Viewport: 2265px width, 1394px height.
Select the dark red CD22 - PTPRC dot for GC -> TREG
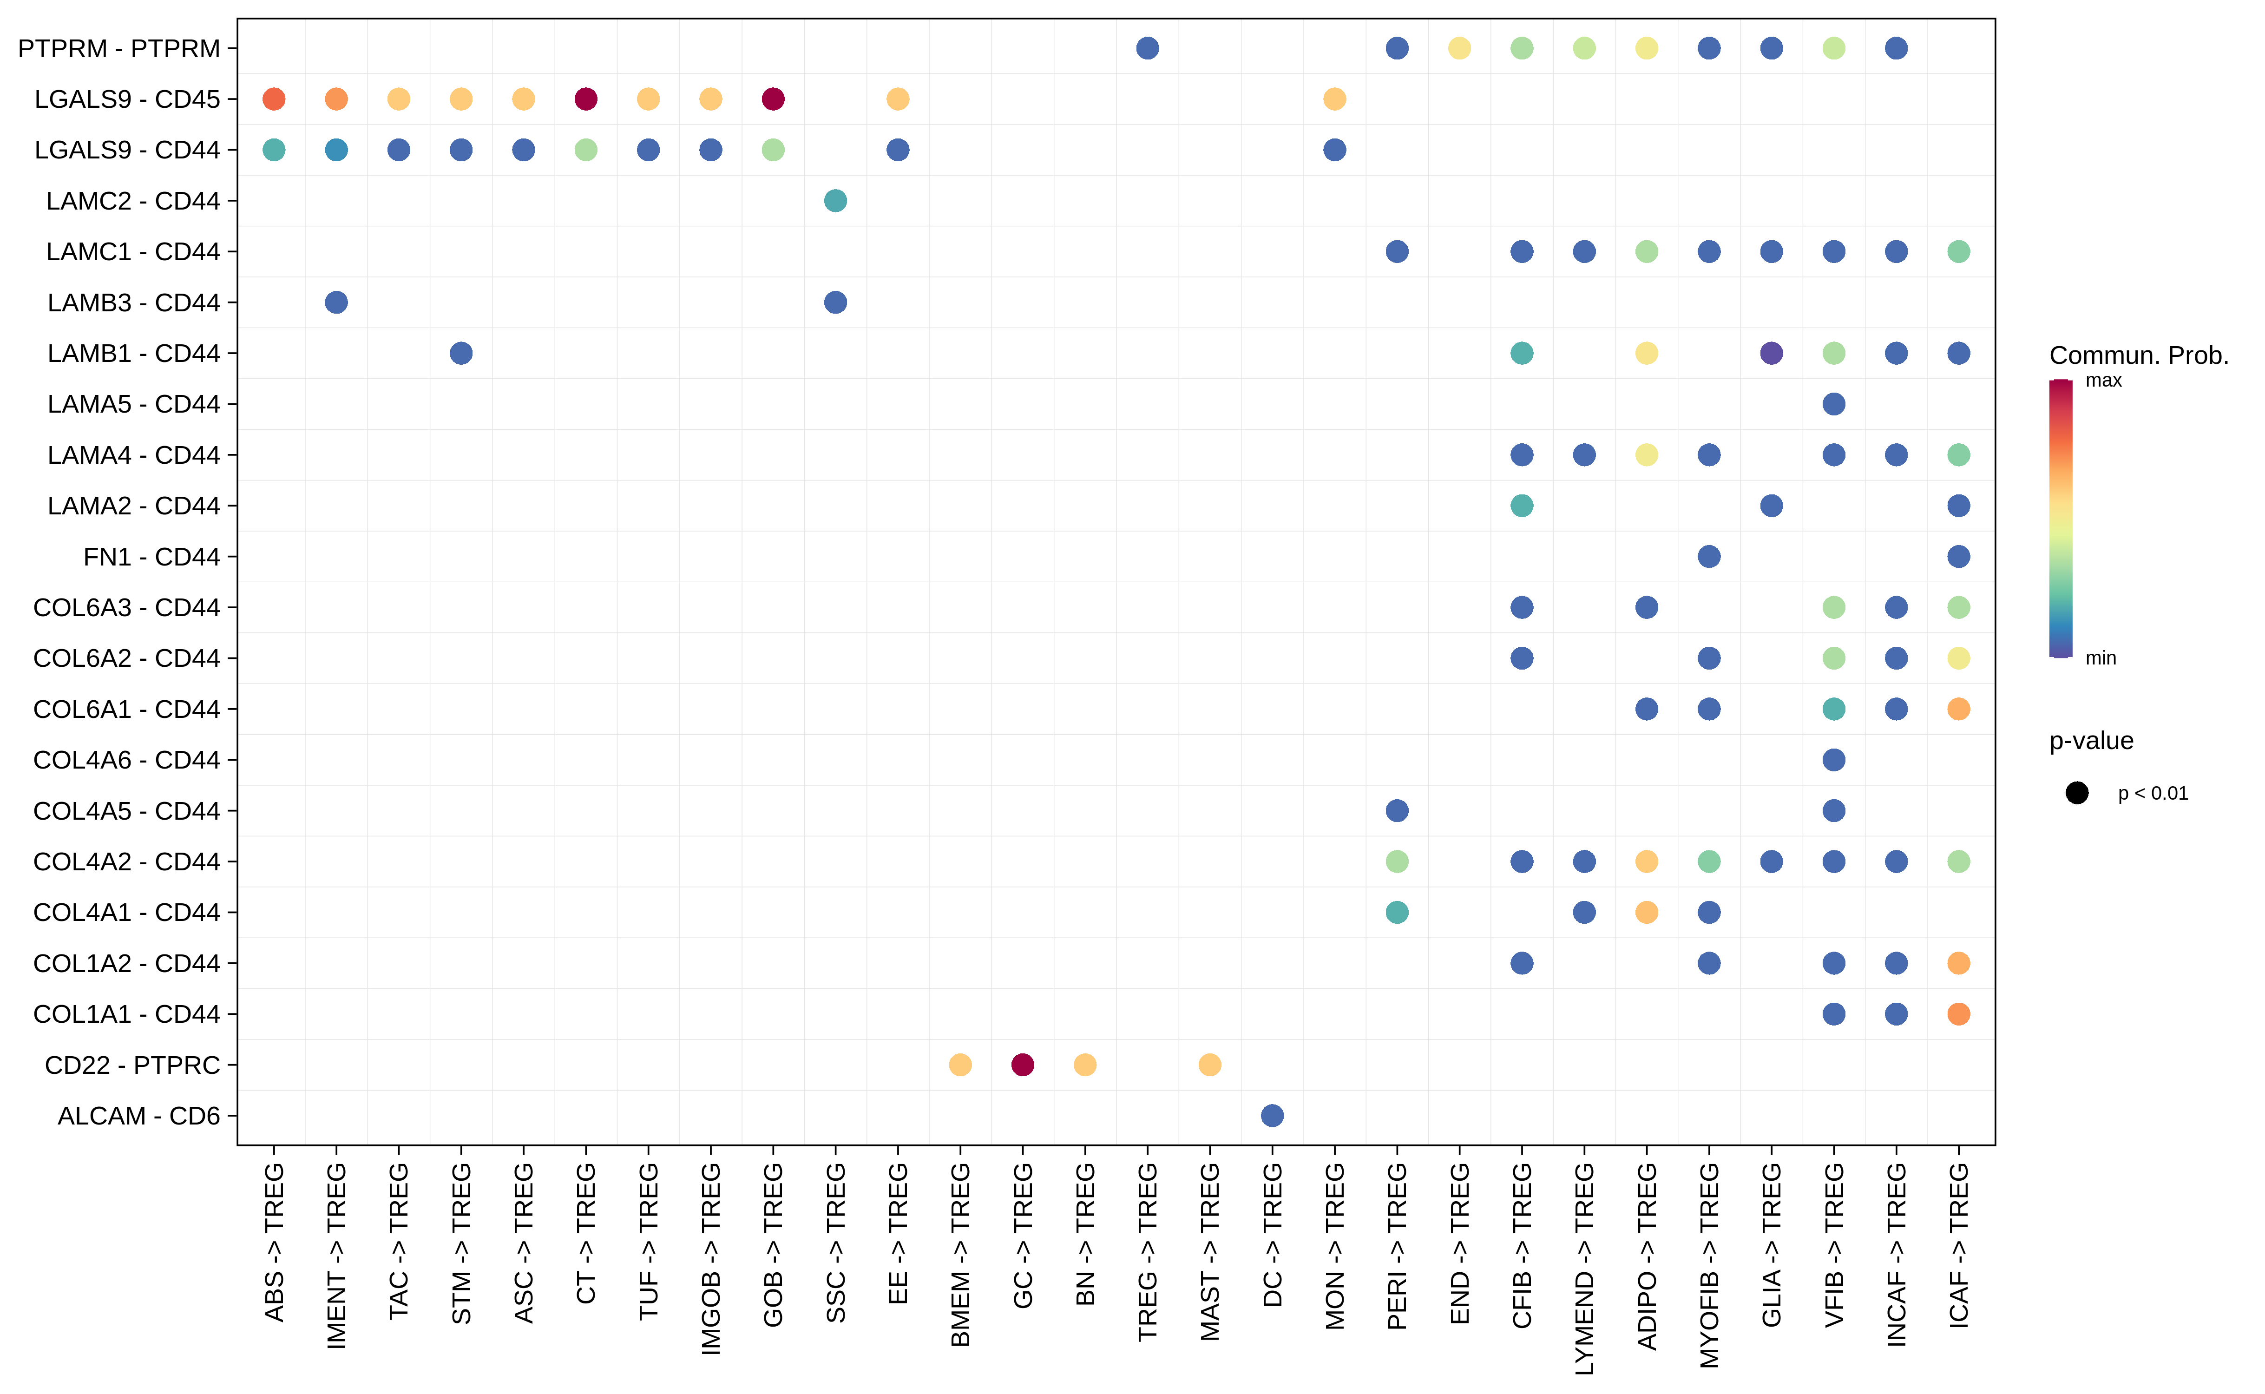pos(1022,1065)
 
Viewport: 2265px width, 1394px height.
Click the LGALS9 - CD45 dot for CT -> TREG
pos(585,99)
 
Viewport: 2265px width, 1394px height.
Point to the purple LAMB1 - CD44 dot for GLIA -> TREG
pos(1771,353)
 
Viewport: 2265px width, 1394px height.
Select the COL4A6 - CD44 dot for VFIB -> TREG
pos(1833,760)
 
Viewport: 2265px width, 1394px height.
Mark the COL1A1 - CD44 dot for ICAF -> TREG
pos(1958,1014)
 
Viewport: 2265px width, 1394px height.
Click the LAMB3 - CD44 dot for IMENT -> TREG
pos(336,302)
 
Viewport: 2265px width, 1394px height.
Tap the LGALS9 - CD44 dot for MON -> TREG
pos(1334,149)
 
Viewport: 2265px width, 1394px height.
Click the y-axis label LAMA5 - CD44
pos(134,404)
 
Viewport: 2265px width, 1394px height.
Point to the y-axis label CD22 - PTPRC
pos(132,1065)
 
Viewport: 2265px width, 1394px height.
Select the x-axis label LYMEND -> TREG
pos(1584,1268)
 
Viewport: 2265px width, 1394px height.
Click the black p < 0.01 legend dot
pos(2077,793)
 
